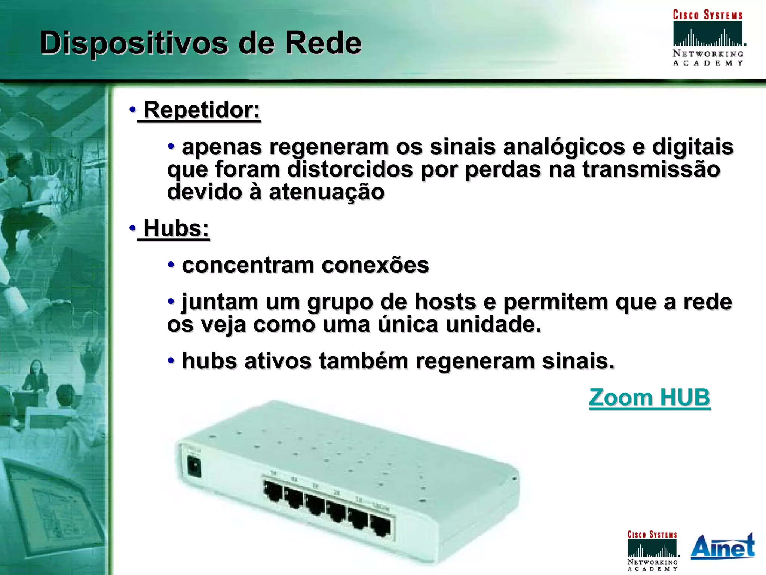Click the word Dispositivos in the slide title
tap(134, 43)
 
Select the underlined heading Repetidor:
tap(201, 110)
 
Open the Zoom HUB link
tap(649, 397)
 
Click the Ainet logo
tap(722, 547)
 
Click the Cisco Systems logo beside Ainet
tap(652, 550)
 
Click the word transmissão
tap(651, 169)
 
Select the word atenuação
tap(326, 192)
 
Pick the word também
tap(363, 361)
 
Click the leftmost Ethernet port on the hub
tap(273, 491)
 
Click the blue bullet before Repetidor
tap(132, 110)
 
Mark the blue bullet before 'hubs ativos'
tap(171, 361)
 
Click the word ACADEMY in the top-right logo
tap(708, 63)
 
